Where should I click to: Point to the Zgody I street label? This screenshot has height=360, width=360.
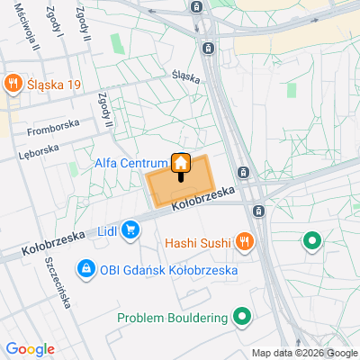57,20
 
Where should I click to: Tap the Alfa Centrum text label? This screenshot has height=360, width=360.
130,164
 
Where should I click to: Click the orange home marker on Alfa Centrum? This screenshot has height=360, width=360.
181,164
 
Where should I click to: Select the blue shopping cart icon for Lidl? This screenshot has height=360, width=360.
131,230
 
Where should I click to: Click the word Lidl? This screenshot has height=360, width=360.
107,231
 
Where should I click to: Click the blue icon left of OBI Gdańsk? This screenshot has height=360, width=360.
85,268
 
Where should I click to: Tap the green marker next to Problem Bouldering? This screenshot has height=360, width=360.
241,317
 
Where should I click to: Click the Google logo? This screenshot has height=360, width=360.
30,349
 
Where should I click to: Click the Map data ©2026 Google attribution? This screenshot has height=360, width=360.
303,353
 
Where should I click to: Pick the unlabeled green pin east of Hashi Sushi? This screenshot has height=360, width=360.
312,240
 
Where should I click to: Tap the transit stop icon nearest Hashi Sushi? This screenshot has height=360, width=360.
259,211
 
